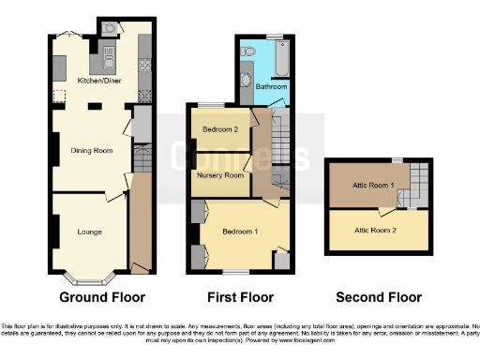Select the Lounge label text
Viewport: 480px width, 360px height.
[x=90, y=231]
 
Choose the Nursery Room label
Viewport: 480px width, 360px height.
[x=219, y=175]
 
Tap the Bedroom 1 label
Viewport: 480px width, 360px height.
[x=240, y=230]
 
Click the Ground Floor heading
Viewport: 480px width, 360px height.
[x=102, y=298]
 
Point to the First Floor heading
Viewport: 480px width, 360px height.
[x=241, y=298]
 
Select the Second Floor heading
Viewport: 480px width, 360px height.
[x=380, y=298]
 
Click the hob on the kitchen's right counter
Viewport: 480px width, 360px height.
[x=145, y=65]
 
